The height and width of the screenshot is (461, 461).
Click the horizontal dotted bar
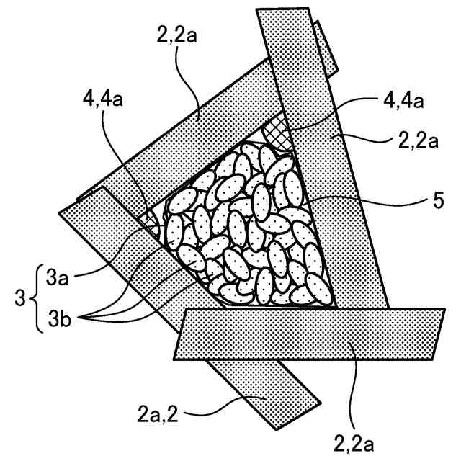click(310, 334)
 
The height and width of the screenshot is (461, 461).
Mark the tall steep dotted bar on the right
click(324, 166)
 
